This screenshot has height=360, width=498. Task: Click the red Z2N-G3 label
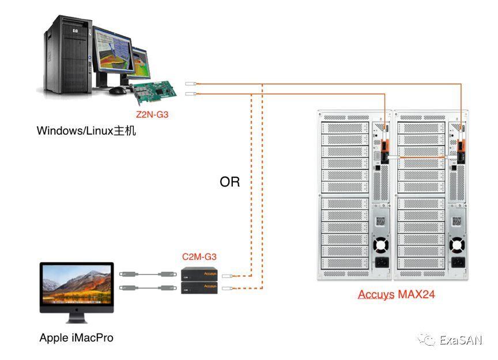point(153,115)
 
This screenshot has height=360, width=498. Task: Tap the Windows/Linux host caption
point(86,131)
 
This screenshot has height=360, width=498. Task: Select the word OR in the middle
point(229,182)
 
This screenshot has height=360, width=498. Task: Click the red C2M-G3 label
point(199,257)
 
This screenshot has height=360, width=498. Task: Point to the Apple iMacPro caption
point(77,338)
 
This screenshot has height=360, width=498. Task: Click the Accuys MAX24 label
point(396,294)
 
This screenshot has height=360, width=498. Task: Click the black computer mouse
point(118,90)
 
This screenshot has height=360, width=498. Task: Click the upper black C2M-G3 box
point(199,274)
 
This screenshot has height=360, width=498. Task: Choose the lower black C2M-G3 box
point(199,287)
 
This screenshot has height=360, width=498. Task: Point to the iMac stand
point(76,317)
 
